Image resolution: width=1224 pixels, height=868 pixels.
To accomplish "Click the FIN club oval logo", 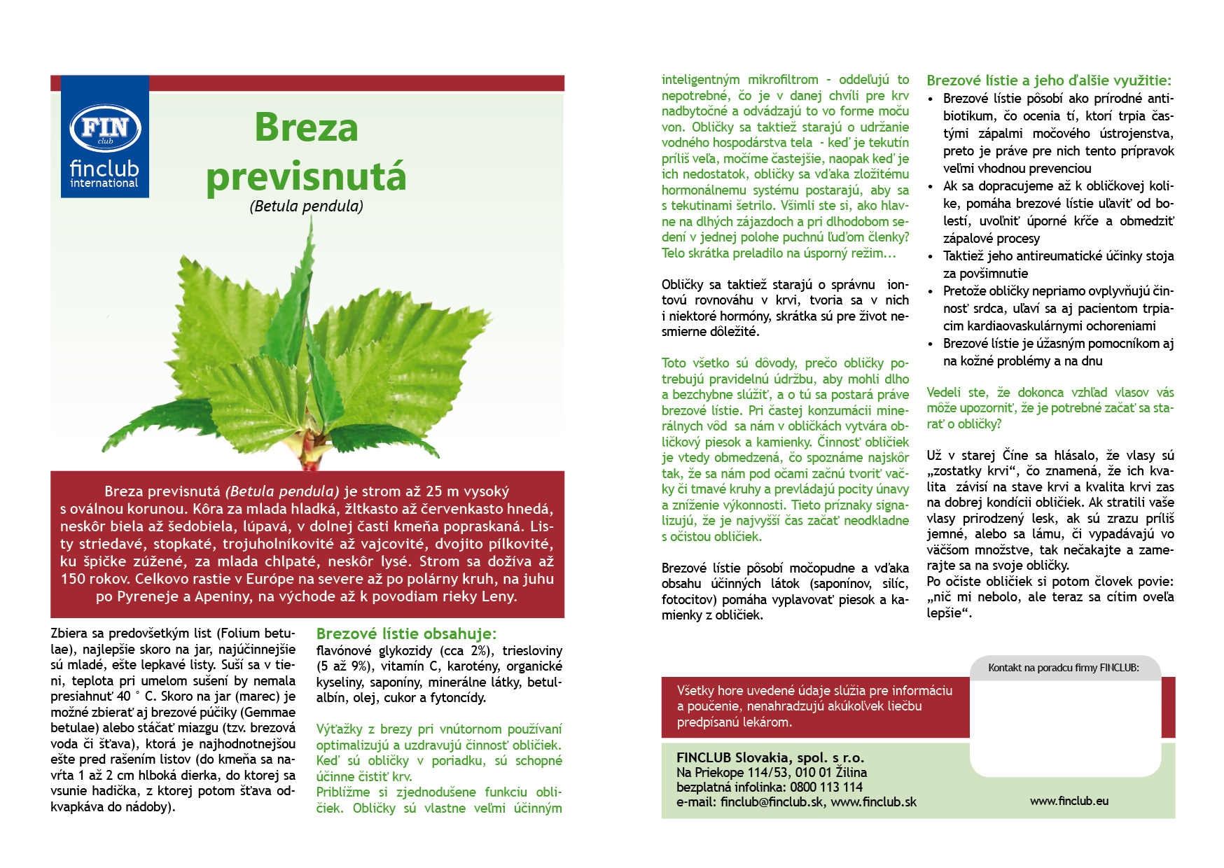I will (x=105, y=129).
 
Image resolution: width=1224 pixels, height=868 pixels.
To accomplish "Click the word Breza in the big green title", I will (x=306, y=127).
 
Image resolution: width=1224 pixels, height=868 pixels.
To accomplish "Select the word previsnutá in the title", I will (x=306, y=176).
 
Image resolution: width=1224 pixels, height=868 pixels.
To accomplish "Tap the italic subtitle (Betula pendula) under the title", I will (x=306, y=206).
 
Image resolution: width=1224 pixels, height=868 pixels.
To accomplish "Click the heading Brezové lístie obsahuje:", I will (x=406, y=634).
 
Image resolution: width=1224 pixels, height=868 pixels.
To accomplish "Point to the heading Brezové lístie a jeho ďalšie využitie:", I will (x=1048, y=80).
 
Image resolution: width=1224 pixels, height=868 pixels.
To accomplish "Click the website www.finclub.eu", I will (x=1069, y=801).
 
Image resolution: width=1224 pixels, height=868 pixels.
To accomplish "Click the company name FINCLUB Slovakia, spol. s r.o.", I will (x=770, y=757).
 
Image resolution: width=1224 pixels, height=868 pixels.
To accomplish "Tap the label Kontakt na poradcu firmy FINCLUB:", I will (x=1063, y=668).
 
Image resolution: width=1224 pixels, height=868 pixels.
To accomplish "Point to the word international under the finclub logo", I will (x=104, y=183).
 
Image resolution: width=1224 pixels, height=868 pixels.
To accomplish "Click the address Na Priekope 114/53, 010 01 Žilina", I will (x=771, y=772).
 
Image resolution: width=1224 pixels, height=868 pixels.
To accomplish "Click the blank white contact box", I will (x=1064, y=728).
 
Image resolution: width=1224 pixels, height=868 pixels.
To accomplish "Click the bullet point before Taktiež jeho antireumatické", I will (x=931, y=257).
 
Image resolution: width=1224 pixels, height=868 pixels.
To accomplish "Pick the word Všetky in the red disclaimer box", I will (x=696, y=691).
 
